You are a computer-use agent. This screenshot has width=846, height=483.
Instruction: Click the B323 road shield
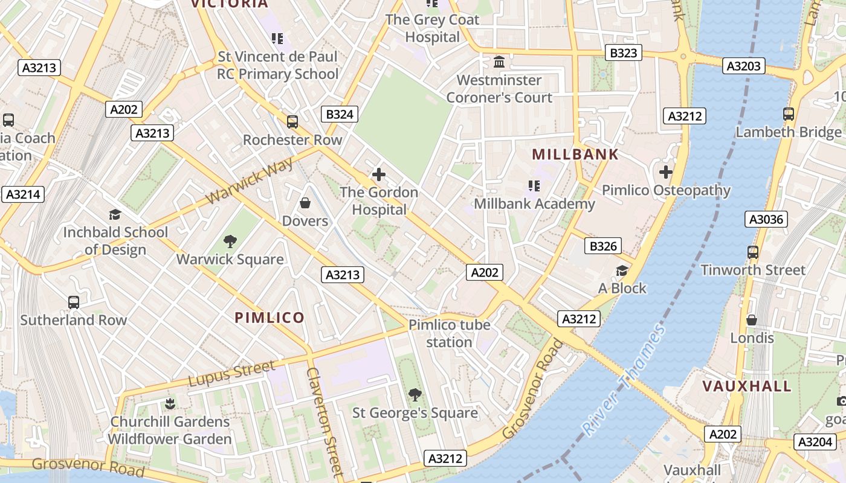click(624, 53)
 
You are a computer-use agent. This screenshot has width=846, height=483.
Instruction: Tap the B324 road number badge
click(339, 114)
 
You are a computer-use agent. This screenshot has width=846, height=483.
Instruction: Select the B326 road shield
click(603, 246)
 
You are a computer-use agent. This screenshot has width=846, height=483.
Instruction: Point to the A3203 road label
click(743, 66)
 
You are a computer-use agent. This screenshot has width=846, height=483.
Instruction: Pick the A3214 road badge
click(22, 194)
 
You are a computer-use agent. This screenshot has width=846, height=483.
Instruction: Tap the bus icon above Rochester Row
click(292, 122)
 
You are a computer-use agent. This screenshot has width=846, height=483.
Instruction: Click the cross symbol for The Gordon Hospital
click(379, 174)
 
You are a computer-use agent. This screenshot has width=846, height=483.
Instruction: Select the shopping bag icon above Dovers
click(305, 203)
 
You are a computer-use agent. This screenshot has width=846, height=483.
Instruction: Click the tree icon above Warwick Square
click(230, 241)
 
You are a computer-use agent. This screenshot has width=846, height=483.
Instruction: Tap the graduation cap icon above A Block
click(622, 270)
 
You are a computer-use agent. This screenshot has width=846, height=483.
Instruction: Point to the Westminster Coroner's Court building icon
click(499, 62)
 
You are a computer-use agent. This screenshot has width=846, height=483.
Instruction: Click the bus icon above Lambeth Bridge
click(788, 114)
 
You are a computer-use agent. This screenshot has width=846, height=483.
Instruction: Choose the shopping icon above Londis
click(752, 319)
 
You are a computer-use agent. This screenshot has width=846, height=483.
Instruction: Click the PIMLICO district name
click(270, 318)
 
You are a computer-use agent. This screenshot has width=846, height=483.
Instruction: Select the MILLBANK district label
click(575, 155)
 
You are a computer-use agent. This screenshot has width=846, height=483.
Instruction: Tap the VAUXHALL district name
click(747, 386)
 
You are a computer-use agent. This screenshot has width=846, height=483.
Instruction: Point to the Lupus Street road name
click(231, 373)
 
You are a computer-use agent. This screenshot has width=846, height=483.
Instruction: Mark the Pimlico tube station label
click(449, 333)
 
